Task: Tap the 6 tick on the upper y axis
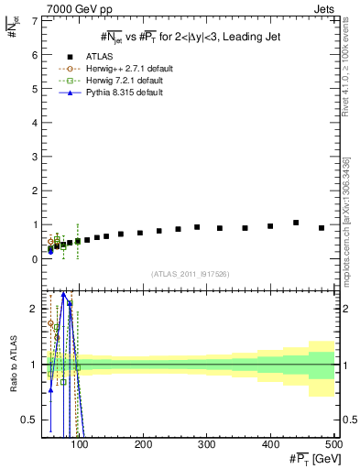pos(36,55)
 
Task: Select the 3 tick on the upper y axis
pos(36,157)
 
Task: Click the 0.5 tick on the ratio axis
pos(32,420)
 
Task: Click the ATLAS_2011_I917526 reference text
pos(190,275)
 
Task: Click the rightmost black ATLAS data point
pos(322,228)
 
